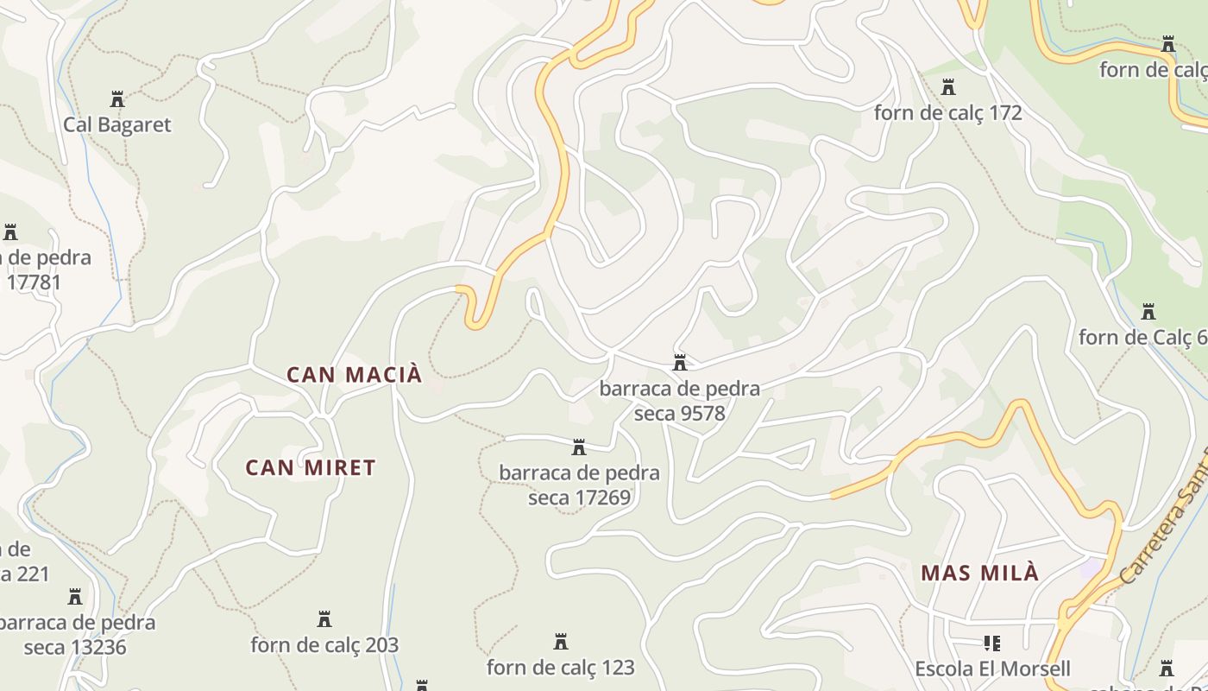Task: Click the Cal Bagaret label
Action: pyautogui.click(x=117, y=124)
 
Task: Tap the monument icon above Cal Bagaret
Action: pyautogui.click(x=117, y=99)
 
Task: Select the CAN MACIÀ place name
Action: pyautogui.click(x=355, y=375)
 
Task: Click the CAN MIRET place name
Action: pyautogui.click(x=311, y=468)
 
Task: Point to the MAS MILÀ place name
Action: pyautogui.click(x=979, y=573)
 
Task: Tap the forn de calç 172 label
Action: pyautogui.click(x=947, y=113)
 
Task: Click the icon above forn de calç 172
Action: pyautogui.click(x=948, y=87)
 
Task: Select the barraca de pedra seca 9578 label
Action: pyautogui.click(x=680, y=401)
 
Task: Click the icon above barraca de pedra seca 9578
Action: pyautogui.click(x=680, y=362)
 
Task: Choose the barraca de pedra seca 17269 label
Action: pyautogui.click(x=579, y=485)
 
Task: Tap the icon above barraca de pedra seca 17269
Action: pyautogui.click(x=579, y=447)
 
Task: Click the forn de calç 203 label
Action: pyautogui.click(x=324, y=645)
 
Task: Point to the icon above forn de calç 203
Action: pyautogui.click(x=324, y=619)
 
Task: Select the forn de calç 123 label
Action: pyautogui.click(x=561, y=668)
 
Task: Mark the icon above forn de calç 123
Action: pyautogui.click(x=561, y=642)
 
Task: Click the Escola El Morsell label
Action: pyautogui.click(x=992, y=669)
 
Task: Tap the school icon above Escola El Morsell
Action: pyautogui.click(x=992, y=643)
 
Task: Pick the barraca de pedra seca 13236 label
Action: pyautogui.click(x=76, y=635)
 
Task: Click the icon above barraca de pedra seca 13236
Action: pyautogui.click(x=75, y=597)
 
